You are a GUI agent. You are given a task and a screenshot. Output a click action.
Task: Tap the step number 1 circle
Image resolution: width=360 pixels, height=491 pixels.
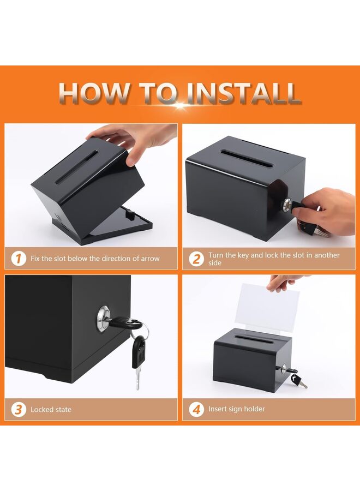pos(19,259)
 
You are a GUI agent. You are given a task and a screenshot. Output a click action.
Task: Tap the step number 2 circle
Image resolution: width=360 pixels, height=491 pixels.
pos(196,259)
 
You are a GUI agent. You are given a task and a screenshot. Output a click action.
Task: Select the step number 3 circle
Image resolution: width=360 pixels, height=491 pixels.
pos(19,409)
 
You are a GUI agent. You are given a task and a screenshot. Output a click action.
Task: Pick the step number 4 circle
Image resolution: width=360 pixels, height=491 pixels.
pos(196,409)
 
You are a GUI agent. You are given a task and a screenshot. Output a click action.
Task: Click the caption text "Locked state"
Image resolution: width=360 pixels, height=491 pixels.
pos(51,409)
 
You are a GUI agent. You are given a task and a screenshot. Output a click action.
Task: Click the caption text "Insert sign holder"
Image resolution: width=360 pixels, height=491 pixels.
pos(237,409)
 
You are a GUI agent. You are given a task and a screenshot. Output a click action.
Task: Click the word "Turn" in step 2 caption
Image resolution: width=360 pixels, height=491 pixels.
pos(216,255)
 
